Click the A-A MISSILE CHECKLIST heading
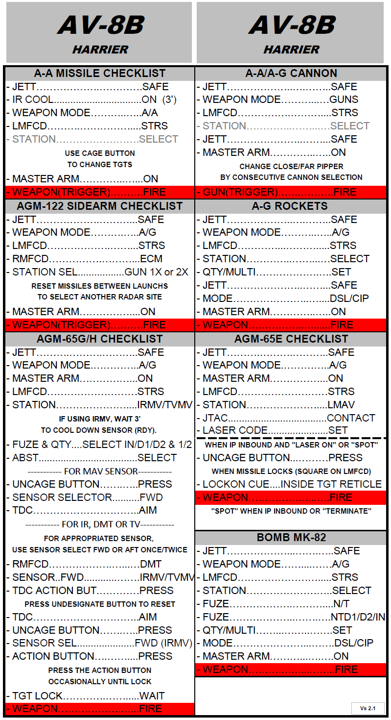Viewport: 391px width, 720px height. click(100, 74)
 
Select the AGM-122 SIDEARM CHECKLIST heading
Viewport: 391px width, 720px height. click(100, 206)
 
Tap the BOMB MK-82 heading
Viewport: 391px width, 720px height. click(291, 538)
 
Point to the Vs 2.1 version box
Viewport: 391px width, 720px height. click(368, 708)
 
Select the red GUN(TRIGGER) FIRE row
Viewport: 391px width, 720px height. click(291, 192)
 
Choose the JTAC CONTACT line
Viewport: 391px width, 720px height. click(289, 418)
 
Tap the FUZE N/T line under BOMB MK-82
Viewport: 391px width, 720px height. click(276, 604)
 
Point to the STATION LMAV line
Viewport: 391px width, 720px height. click(278, 405)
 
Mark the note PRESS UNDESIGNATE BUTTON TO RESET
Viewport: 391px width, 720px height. click(100, 604)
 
